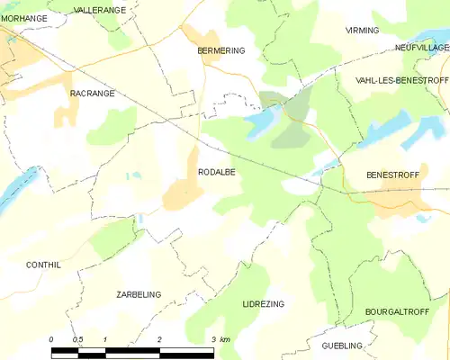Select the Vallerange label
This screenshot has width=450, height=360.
pyautogui.click(x=101, y=9)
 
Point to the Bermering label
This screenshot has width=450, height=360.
pyautogui.click(x=220, y=51)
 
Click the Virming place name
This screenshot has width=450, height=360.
pyautogui.click(x=363, y=31)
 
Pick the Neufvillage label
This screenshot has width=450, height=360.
pyautogui.click(x=421, y=47)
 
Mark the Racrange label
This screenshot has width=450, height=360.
pyautogui.click(x=90, y=93)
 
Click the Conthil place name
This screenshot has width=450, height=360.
pyautogui.click(x=43, y=265)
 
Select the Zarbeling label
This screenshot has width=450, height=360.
pyautogui.click(x=139, y=294)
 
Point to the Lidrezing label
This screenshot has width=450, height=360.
pyautogui.click(x=263, y=304)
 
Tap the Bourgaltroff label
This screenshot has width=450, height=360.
pyautogui.click(x=395, y=311)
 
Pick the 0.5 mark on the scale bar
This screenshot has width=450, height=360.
pyautogui.click(x=77, y=339)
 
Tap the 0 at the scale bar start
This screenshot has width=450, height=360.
pyautogui.click(x=51, y=339)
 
